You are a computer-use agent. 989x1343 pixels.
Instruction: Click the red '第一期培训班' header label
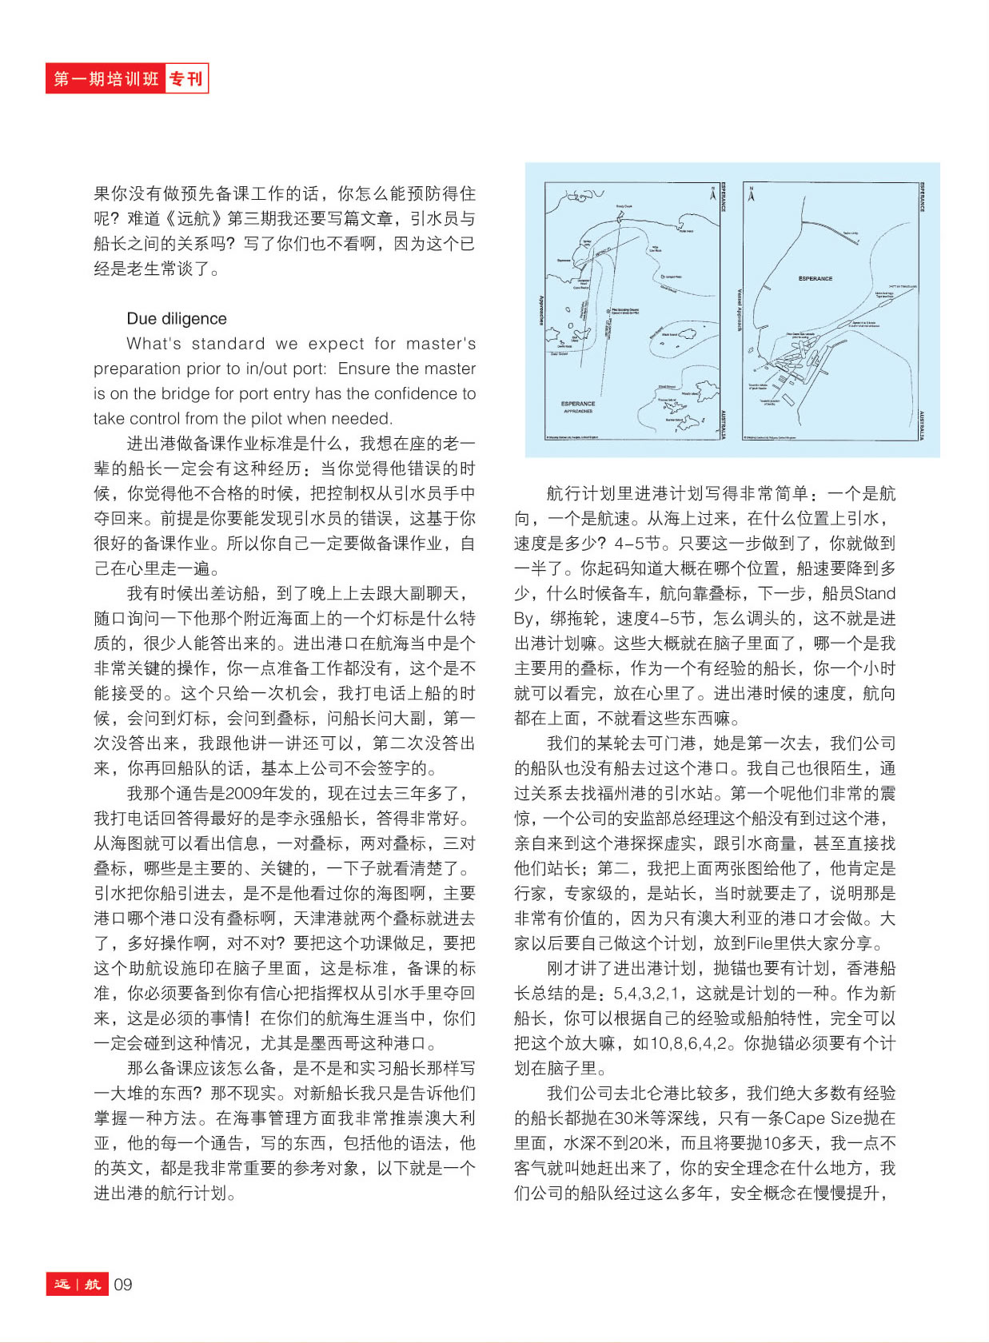click(x=106, y=78)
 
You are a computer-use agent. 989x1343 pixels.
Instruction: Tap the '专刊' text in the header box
click(x=186, y=78)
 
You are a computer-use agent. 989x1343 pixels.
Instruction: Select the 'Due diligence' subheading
click(x=176, y=318)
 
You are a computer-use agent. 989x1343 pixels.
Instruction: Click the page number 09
click(x=122, y=1285)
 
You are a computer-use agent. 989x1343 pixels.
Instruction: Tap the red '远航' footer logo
click(x=77, y=1285)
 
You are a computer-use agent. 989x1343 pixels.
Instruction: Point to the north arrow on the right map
click(x=751, y=193)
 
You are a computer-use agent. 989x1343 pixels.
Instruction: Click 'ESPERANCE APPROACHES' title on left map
click(x=578, y=407)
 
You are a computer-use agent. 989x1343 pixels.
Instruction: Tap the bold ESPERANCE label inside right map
click(x=815, y=278)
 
